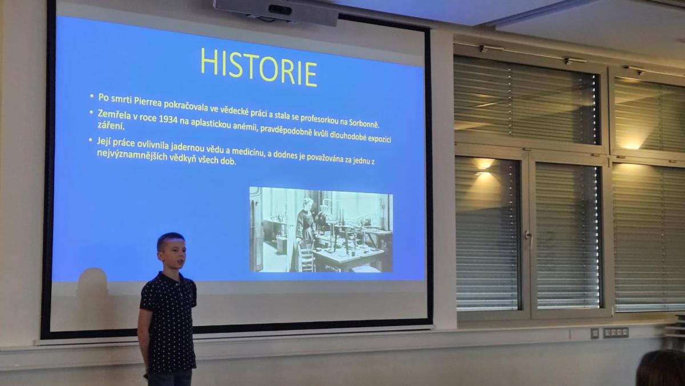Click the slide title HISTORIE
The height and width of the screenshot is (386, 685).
tap(259, 67)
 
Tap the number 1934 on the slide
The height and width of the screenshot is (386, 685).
tap(168, 119)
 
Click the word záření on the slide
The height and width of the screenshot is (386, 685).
tap(111, 126)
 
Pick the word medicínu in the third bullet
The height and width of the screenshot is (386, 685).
tap(248, 151)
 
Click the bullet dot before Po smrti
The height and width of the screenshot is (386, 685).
tap(92, 96)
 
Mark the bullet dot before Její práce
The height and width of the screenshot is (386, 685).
tap(91, 140)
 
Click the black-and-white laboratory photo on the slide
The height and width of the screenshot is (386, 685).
tap(321, 230)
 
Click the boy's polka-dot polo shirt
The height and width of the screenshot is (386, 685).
tap(169, 321)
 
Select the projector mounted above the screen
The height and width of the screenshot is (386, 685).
tap(276, 11)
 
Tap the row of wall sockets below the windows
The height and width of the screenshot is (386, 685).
tap(615, 332)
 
